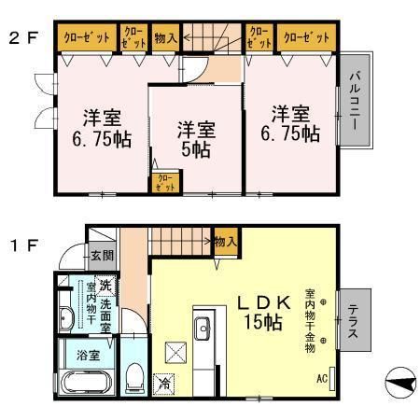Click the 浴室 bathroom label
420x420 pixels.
tap(75, 355)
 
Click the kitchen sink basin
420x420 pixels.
tap(203, 328)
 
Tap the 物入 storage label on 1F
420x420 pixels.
tap(225, 242)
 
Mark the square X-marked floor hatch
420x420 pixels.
tap(176, 354)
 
